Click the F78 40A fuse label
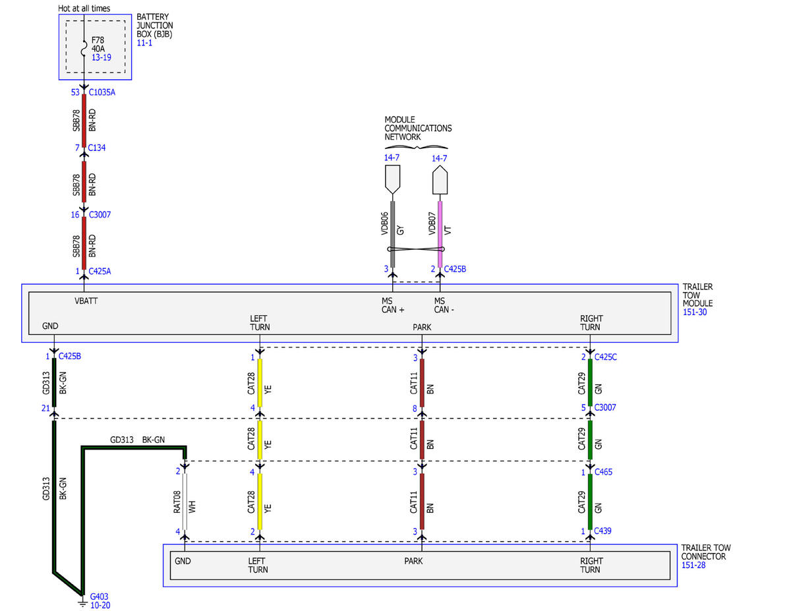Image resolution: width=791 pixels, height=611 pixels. click(98, 44)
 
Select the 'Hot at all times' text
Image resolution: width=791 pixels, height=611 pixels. click(84, 9)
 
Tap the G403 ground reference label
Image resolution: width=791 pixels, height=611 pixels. click(99, 596)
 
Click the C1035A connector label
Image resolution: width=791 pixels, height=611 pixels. click(102, 92)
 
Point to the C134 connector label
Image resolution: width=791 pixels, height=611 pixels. click(97, 148)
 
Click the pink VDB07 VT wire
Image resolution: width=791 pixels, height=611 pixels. click(440, 235)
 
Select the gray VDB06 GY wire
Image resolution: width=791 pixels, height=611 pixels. click(392, 235)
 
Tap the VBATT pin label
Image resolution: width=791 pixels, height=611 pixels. click(86, 301)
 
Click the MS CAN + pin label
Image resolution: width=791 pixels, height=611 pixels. click(393, 305)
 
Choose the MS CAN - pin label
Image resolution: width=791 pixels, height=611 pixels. click(444, 305)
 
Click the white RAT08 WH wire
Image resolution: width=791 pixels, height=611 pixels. click(185, 502)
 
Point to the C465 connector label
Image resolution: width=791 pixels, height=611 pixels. click(603, 472)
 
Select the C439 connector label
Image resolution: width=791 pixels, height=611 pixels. click(602, 531)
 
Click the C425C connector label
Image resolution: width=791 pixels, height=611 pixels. click(606, 357)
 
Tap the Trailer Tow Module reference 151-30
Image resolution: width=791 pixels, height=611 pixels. click(695, 312)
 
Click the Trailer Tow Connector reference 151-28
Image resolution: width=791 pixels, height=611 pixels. click(693, 565)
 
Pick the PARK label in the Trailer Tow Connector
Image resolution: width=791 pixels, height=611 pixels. click(413, 561)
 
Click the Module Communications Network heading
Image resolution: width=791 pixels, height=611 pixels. click(419, 129)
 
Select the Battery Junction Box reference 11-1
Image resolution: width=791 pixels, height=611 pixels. click(144, 43)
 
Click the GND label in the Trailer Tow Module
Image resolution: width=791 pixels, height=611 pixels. click(50, 326)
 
